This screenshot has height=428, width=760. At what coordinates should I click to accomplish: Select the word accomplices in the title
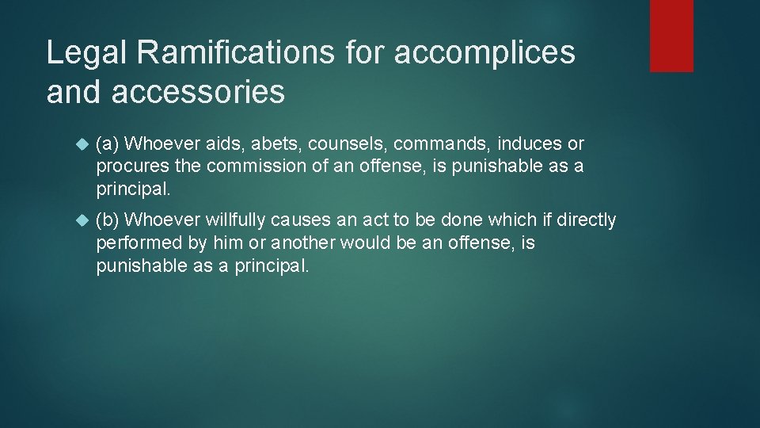[484, 53]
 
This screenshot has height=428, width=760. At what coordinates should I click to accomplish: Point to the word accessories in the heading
[198, 92]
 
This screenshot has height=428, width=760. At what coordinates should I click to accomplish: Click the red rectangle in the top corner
[671, 36]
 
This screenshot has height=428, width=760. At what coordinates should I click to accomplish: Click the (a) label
[108, 144]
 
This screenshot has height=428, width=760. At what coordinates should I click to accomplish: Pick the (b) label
[108, 220]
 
